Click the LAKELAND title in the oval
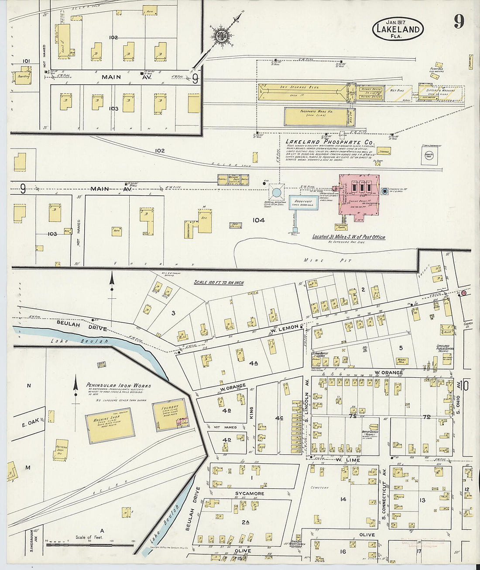pos(398,30)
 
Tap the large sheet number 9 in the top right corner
pos(459,21)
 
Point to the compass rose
pos(221,35)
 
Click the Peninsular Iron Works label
pos(118,386)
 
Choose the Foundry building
pos(170,415)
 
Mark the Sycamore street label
pos(250,494)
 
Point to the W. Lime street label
pos(348,460)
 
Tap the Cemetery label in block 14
pos(319,487)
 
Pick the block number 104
pos(258,220)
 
